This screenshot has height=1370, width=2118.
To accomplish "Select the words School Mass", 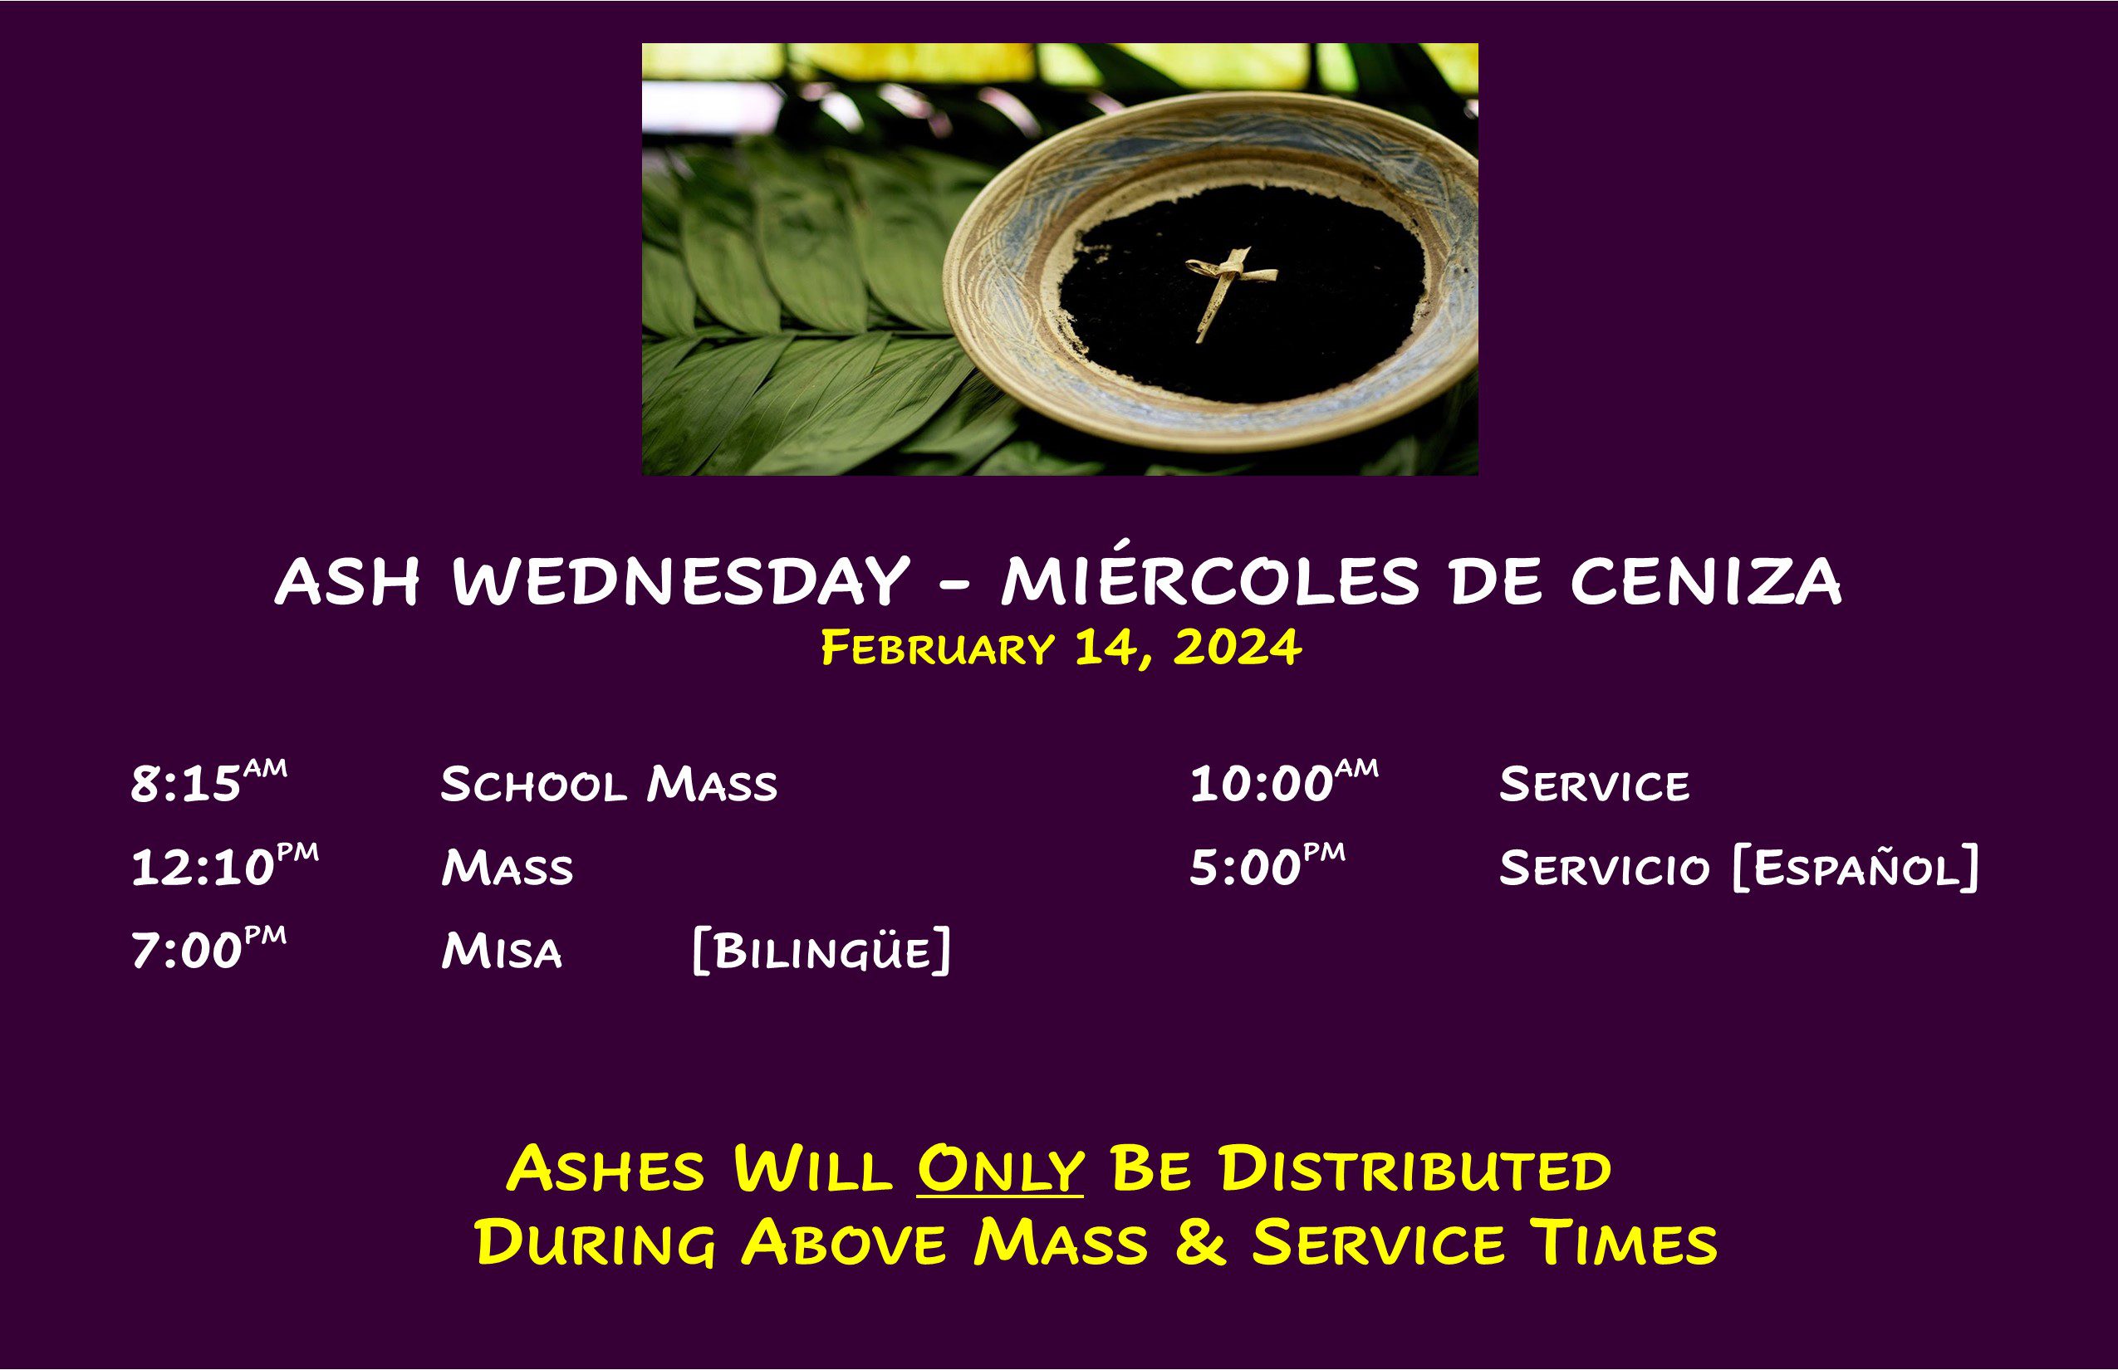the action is pyautogui.click(x=609, y=784).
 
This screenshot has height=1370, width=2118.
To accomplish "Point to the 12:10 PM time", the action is pyautogui.click(x=224, y=865).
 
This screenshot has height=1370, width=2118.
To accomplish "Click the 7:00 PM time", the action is pyautogui.click(x=209, y=948).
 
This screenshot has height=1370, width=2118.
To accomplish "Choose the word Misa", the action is pyautogui.click(x=502, y=950).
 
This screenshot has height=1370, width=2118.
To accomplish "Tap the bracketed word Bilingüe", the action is pyautogui.click(x=821, y=950).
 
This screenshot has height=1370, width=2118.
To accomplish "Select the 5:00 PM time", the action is pyautogui.click(x=1267, y=865).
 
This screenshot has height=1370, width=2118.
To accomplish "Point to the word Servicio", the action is pyautogui.click(x=1604, y=868).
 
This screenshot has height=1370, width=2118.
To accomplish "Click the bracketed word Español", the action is pyautogui.click(x=1856, y=867).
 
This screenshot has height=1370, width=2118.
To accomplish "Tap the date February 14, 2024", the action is pyautogui.click(x=1061, y=648).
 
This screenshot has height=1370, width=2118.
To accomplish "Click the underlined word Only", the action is pyautogui.click(x=1000, y=1170).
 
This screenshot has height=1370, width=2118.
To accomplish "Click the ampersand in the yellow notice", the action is pyautogui.click(x=1200, y=1243).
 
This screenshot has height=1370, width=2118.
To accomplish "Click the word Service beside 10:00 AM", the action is pyautogui.click(x=1594, y=784).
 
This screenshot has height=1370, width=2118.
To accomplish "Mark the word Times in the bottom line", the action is pyautogui.click(x=1624, y=1243).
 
